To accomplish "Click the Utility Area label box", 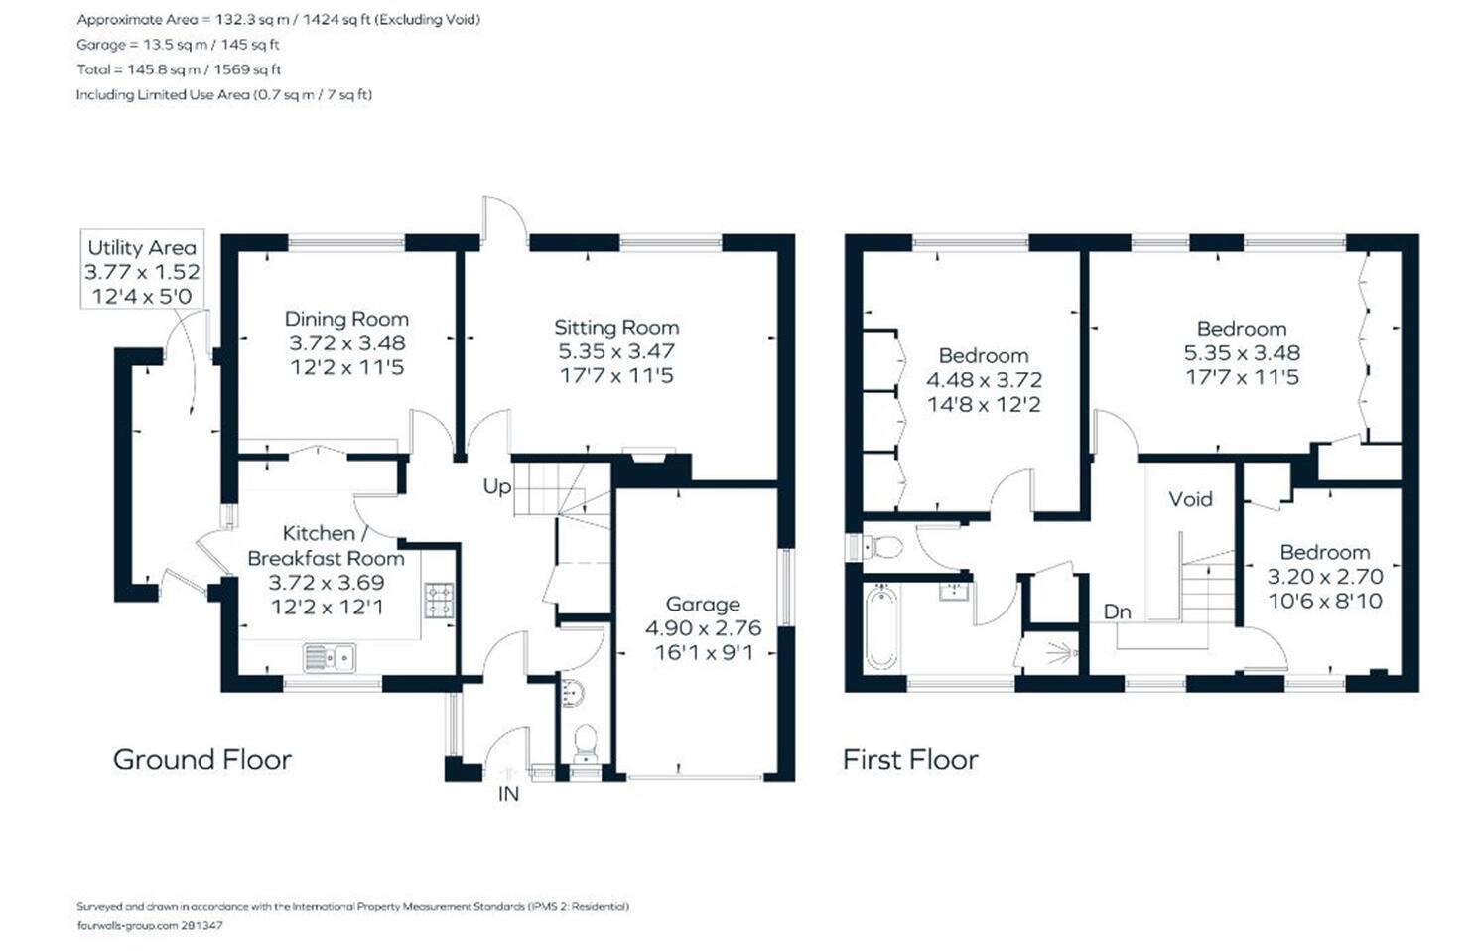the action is click(x=142, y=269).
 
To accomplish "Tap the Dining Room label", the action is click(x=346, y=320).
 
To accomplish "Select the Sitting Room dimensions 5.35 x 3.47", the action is click(x=615, y=351).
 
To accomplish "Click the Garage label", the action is click(x=703, y=605).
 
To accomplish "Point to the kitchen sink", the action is click(x=330, y=657).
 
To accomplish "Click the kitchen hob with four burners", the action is click(x=439, y=601).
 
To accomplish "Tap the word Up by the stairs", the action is click(x=496, y=487).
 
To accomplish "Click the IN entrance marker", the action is click(x=508, y=794).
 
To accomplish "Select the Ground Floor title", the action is click(x=202, y=760).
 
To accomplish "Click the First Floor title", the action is click(x=910, y=760).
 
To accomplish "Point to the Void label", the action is click(x=1190, y=499).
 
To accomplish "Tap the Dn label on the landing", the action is click(x=1117, y=612).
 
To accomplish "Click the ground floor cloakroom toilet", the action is click(x=585, y=744).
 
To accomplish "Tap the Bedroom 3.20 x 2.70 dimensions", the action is click(x=1325, y=577).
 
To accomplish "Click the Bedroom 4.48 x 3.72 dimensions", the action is click(x=984, y=380).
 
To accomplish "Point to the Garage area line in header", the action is click(x=178, y=45).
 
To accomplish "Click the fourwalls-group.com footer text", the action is click(x=150, y=926).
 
